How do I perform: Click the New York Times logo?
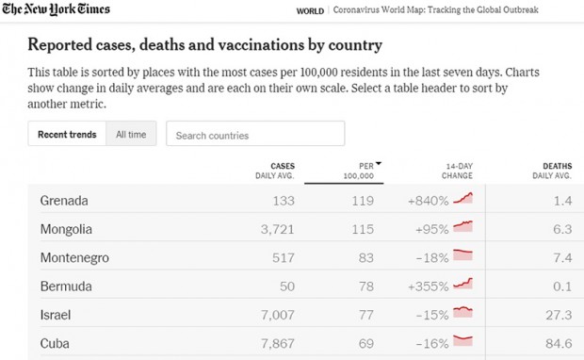(56, 8)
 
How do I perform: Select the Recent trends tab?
(67, 134)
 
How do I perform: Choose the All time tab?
(131, 134)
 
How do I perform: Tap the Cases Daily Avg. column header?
(275, 171)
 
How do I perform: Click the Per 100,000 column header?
(358, 171)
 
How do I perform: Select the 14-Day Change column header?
(457, 171)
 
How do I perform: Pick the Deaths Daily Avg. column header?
(552, 171)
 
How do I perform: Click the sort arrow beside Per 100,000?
(379, 164)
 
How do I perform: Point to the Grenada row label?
(64, 201)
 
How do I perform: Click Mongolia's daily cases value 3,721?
(278, 229)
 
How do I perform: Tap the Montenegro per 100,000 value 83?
(366, 257)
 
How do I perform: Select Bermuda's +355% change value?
(429, 286)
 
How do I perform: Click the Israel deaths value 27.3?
(560, 315)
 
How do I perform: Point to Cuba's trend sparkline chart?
(462, 340)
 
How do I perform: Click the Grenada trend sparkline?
(462, 198)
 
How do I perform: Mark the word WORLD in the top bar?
(310, 11)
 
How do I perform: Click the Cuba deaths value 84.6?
(560, 343)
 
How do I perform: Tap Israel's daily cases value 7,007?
(278, 315)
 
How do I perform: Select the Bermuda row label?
(66, 286)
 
